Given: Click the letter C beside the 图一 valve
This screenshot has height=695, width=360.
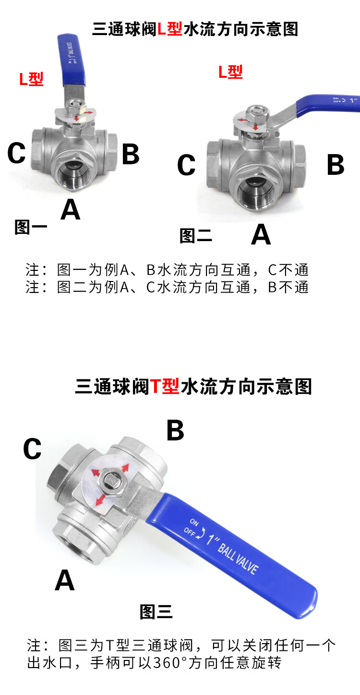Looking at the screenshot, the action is [16, 153].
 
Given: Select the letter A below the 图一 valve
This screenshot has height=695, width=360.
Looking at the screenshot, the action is [71, 209].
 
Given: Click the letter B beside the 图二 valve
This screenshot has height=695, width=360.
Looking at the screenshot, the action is [336, 164].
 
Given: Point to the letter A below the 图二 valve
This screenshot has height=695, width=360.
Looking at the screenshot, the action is [261, 234].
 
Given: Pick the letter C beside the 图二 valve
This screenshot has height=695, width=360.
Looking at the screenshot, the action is [186, 164].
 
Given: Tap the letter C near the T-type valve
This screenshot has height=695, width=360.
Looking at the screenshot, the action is [32, 449].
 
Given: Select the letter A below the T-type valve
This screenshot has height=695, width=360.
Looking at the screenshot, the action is [65, 580].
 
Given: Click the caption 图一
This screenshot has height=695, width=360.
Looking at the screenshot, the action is [31, 227].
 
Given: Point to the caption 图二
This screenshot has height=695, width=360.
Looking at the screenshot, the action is [196, 236].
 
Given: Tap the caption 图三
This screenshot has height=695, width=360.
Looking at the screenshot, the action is [156, 612].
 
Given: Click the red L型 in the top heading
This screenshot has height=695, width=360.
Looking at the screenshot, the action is [170, 29].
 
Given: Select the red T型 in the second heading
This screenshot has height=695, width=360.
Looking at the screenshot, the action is [165, 386].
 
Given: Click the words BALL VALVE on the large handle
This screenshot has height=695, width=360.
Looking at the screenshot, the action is [238, 558].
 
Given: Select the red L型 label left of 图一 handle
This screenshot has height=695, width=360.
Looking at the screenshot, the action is [31, 79].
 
